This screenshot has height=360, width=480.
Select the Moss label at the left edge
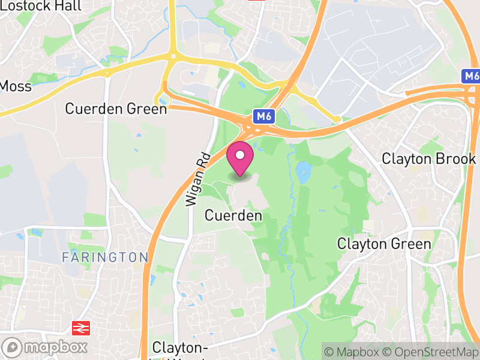click(14, 86)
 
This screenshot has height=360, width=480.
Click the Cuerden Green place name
click(116, 109)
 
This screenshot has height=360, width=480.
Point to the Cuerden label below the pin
click(233, 215)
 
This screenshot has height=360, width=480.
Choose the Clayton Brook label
click(429, 159)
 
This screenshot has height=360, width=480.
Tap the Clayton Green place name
click(384, 244)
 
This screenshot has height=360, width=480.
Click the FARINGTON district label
click(105, 257)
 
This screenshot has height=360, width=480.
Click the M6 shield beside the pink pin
click(263, 116)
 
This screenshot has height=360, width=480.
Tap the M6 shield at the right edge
click(472, 76)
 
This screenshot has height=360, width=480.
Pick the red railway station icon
click(79, 328)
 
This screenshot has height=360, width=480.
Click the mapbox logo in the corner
click(45, 347)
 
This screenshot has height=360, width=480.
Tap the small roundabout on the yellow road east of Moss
click(107, 73)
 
